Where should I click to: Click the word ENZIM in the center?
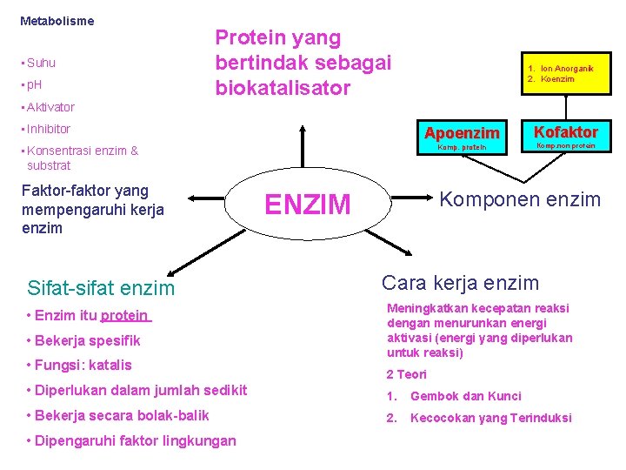coord(308,205)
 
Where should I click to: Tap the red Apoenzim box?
coord(461,138)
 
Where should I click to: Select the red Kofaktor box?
coord(565,137)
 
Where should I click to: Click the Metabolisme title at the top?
coord(57,20)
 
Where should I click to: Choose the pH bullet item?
coord(35,84)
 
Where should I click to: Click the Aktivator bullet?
coord(50,107)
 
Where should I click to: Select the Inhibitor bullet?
coord(48,129)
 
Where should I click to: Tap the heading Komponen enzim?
coord(520,199)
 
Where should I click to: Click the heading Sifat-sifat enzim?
coord(101,288)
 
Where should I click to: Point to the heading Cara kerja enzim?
coord(461,283)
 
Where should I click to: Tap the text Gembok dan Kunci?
coord(466,396)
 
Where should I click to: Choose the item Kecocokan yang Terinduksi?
coord(491,418)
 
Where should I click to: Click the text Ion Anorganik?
coord(567,68)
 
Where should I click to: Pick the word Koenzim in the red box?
coord(557,79)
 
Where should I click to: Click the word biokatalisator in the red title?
coord(283,88)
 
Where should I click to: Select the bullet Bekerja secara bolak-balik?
coord(118,415)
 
